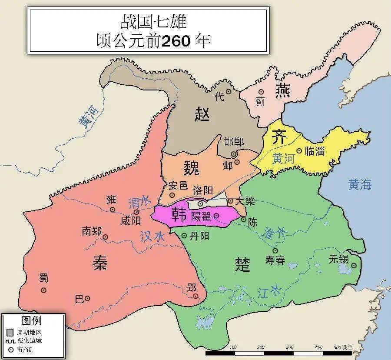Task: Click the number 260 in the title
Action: [x=176, y=41]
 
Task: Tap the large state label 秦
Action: [x=100, y=263]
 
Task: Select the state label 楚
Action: [x=242, y=264]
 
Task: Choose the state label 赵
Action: [x=202, y=114]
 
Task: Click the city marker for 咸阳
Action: [x=136, y=212]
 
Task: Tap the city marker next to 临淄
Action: [x=299, y=150]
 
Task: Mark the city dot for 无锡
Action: [x=354, y=265]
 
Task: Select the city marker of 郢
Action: [x=195, y=296]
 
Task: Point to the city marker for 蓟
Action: [x=261, y=92]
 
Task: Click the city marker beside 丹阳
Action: [x=184, y=236]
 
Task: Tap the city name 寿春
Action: [x=275, y=260]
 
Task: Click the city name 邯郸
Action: [x=234, y=142]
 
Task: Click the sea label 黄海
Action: [x=360, y=185]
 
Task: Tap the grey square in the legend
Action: [x=10, y=332]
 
